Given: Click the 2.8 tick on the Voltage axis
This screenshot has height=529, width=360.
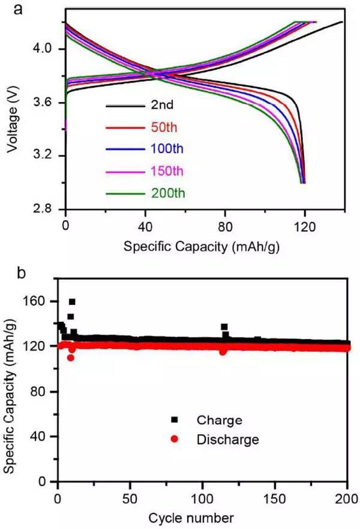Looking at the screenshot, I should [46, 209].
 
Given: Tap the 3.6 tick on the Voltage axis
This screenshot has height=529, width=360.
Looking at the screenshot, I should [46, 102].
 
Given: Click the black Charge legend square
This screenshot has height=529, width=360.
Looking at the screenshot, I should [175, 419].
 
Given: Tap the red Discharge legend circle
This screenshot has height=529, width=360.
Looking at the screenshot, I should [175, 440].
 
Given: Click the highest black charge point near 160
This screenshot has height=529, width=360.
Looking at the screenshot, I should [72, 302].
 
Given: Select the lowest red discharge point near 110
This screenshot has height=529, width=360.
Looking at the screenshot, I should [70, 357].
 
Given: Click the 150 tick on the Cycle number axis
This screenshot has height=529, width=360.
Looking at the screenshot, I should [275, 497].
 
